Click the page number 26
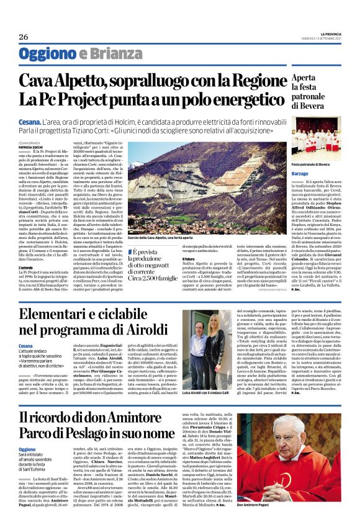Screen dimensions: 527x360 coord(24,37)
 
